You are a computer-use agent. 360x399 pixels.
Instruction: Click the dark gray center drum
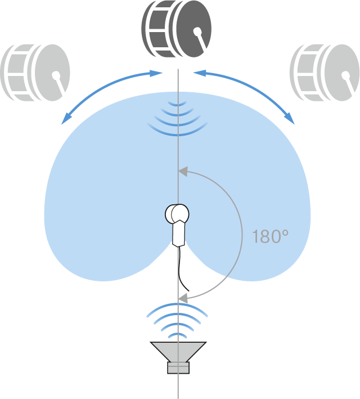tap(176, 29)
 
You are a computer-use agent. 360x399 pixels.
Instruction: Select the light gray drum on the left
tap(35, 73)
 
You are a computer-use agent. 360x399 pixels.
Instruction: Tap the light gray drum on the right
tap(325, 73)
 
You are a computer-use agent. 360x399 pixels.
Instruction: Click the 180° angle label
tap(270, 236)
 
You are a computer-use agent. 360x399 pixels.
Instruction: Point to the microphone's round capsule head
tap(177, 214)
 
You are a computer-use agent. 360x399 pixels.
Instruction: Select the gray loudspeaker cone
tap(178, 351)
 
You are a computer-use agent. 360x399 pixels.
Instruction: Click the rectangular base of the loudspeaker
tap(178, 367)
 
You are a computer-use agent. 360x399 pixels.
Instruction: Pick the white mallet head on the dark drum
tap(197, 32)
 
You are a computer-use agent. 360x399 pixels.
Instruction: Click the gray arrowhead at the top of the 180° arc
tap(183, 172)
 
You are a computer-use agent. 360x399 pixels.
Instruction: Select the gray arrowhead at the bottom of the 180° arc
tap(183, 298)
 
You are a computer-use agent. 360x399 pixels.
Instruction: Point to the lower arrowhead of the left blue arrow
tap(66, 119)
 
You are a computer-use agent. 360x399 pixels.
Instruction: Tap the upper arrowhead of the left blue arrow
tap(156, 73)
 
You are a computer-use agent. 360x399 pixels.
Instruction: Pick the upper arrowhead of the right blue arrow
tap(200, 73)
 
